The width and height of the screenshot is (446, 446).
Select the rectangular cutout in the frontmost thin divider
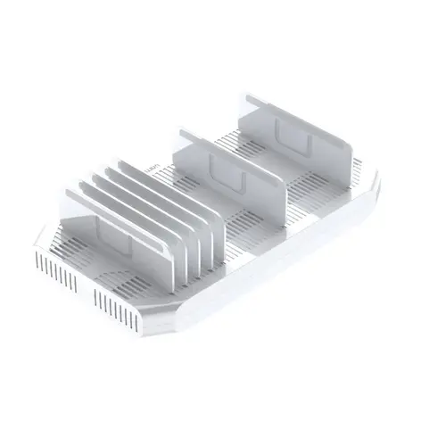pyautogui.click(x=98, y=233)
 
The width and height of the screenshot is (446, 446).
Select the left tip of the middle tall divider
pyautogui.click(x=182, y=134)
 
